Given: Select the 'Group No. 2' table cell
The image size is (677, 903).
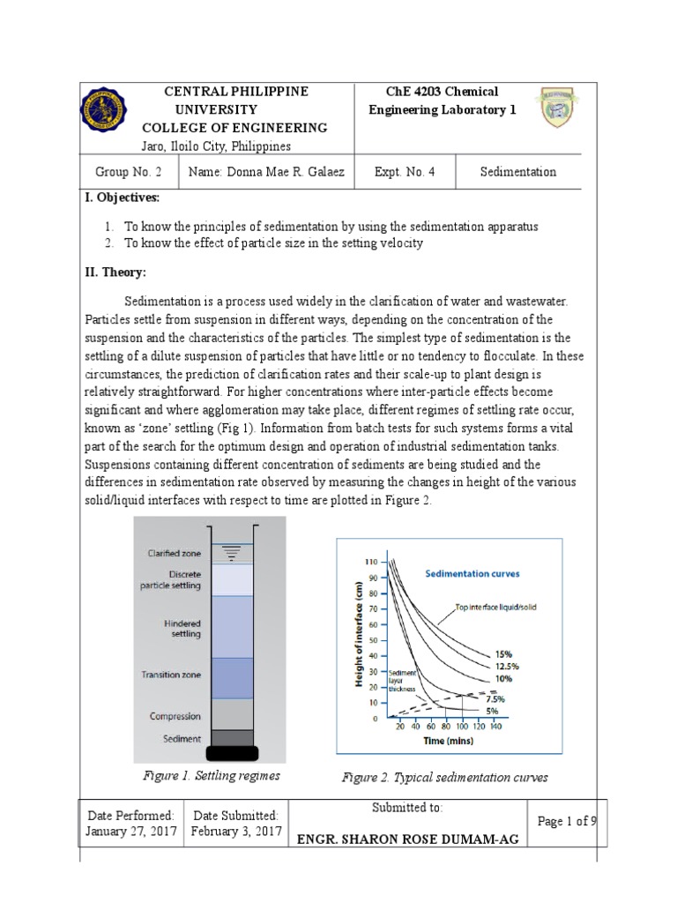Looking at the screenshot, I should click(127, 172).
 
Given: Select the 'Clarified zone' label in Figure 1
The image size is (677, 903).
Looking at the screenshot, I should click(175, 554).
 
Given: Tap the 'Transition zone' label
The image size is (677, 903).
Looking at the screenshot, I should click(171, 675).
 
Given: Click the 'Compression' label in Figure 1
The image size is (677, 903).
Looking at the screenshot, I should click(175, 716).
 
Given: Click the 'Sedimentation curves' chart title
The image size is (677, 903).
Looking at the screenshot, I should click(472, 573).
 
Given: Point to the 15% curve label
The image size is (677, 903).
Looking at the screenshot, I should click(503, 653).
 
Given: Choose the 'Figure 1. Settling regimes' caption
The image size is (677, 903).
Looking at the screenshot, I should click(212, 776).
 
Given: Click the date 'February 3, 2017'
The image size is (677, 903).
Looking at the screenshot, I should click(235, 832).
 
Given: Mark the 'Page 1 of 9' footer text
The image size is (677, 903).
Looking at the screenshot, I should click(567, 822).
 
